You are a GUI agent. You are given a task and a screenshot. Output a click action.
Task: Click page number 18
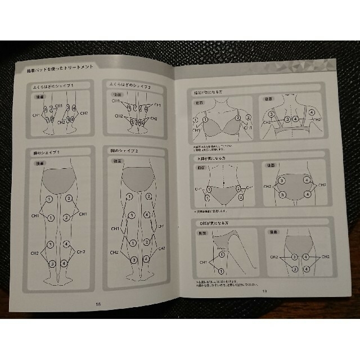point(99,304)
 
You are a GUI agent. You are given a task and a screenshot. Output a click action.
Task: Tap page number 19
point(263,291)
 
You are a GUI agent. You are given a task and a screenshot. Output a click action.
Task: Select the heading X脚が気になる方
point(212,159)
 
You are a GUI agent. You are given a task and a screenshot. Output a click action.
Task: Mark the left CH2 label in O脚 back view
point(274,258)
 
